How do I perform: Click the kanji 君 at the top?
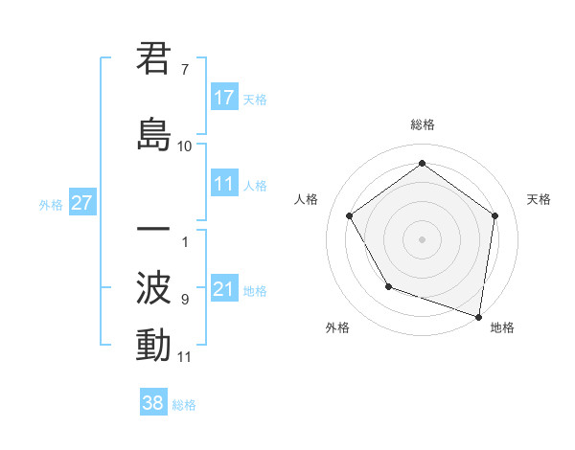click(153, 59)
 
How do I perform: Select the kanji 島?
click(153, 134)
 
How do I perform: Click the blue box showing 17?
click(224, 98)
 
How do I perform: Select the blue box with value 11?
click(224, 184)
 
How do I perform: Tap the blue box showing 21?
click(224, 289)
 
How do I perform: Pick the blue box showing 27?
click(81, 203)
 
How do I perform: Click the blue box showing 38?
click(153, 403)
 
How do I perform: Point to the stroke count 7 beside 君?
click(184, 70)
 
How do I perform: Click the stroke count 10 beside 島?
click(185, 146)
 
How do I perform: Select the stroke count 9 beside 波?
click(184, 300)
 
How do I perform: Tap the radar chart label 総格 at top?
click(422, 124)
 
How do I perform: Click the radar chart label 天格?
click(539, 199)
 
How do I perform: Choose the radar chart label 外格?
click(337, 327)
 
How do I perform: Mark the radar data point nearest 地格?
click(478, 315)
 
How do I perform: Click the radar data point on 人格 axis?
click(349, 215)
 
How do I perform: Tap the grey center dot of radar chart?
click(422, 238)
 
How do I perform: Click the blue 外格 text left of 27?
click(51, 204)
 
